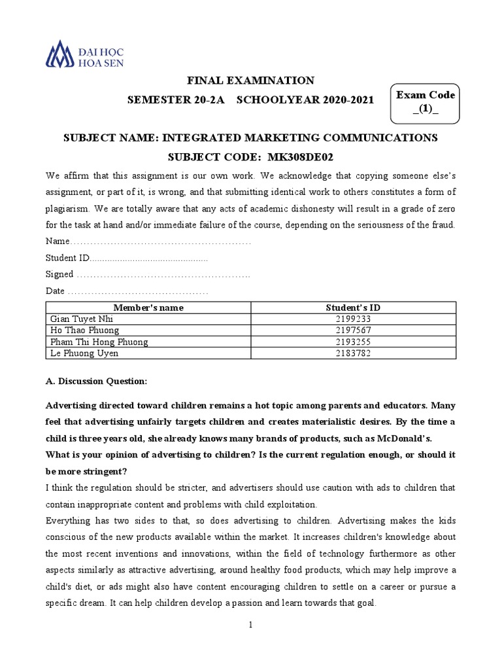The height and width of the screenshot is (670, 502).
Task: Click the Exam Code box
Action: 426,103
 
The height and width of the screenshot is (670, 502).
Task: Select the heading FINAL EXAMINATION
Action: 251,80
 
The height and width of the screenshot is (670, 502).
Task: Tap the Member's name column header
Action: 148,308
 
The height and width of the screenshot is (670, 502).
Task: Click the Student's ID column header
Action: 353,308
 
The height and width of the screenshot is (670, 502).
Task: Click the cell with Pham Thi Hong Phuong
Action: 99,342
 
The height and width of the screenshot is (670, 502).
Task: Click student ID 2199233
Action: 353,319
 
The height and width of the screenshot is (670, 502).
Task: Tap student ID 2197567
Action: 353,330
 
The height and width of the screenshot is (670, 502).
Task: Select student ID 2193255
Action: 353,342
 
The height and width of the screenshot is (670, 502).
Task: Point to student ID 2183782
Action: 353,353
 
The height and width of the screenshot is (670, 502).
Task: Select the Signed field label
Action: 59,274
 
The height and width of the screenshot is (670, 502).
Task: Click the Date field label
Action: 55,291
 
